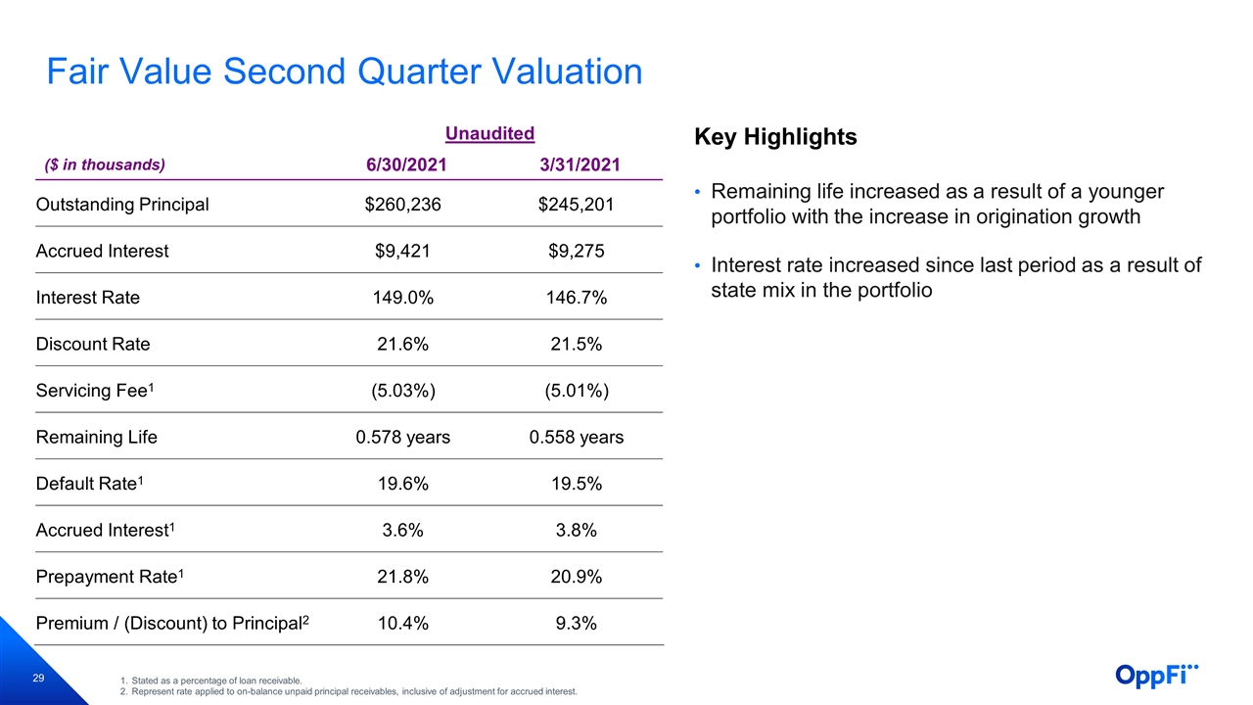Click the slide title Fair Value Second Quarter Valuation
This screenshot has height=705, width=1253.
(x=344, y=71)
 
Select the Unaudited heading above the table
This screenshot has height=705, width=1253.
(x=489, y=133)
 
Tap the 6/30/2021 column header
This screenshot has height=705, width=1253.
(x=406, y=164)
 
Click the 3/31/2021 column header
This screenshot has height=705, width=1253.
(x=580, y=164)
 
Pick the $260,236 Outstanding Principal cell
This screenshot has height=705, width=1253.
(x=402, y=205)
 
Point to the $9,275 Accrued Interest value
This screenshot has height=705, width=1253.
(x=577, y=251)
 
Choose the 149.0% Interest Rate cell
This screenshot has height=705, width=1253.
(x=402, y=297)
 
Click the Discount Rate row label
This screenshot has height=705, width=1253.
(x=93, y=344)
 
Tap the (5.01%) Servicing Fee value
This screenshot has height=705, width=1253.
(x=577, y=390)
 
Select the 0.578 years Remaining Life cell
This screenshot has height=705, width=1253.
(x=402, y=437)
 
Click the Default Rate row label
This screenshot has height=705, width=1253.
(x=89, y=483)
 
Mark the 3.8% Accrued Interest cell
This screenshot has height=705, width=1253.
(x=577, y=530)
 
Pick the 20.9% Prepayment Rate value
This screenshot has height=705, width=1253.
(x=577, y=576)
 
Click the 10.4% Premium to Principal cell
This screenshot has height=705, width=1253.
(x=402, y=622)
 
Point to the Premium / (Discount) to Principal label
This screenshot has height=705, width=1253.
(x=172, y=623)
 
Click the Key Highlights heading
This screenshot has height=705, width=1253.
(x=775, y=136)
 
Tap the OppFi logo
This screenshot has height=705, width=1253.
(x=1157, y=675)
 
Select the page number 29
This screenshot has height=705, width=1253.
(x=38, y=679)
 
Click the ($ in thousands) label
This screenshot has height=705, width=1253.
(x=105, y=164)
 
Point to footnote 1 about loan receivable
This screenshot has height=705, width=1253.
(x=210, y=681)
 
